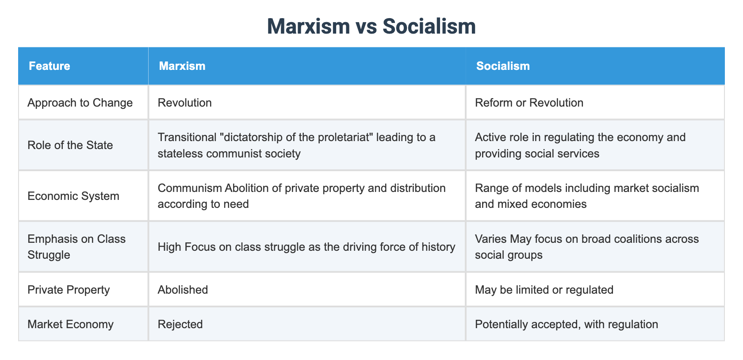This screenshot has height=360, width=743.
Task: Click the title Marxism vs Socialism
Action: click(371, 27)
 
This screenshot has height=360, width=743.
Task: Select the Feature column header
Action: click(50, 66)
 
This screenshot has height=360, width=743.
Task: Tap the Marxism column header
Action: click(182, 66)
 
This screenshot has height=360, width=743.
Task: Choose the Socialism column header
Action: click(503, 66)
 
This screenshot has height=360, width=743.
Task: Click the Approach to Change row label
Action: click(80, 103)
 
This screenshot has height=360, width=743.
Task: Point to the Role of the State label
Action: click(70, 145)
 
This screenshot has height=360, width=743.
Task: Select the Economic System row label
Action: click(73, 196)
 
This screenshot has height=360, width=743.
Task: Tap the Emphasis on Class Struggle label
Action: click(77, 247)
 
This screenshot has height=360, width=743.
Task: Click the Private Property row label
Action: click(69, 290)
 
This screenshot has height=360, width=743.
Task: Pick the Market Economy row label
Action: click(70, 324)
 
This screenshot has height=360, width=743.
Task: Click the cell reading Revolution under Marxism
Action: click(185, 103)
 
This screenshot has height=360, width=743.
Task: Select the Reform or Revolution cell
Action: click(529, 103)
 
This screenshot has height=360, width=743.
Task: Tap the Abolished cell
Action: click(183, 290)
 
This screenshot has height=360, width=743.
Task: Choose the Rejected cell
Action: click(180, 324)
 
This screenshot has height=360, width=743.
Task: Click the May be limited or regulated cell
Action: click(544, 290)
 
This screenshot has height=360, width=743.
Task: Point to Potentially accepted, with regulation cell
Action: click(566, 324)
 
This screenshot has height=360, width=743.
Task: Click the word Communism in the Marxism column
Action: click(190, 188)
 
